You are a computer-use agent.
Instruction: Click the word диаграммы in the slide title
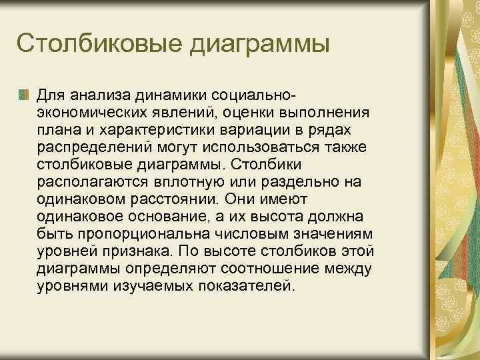point(261,45)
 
